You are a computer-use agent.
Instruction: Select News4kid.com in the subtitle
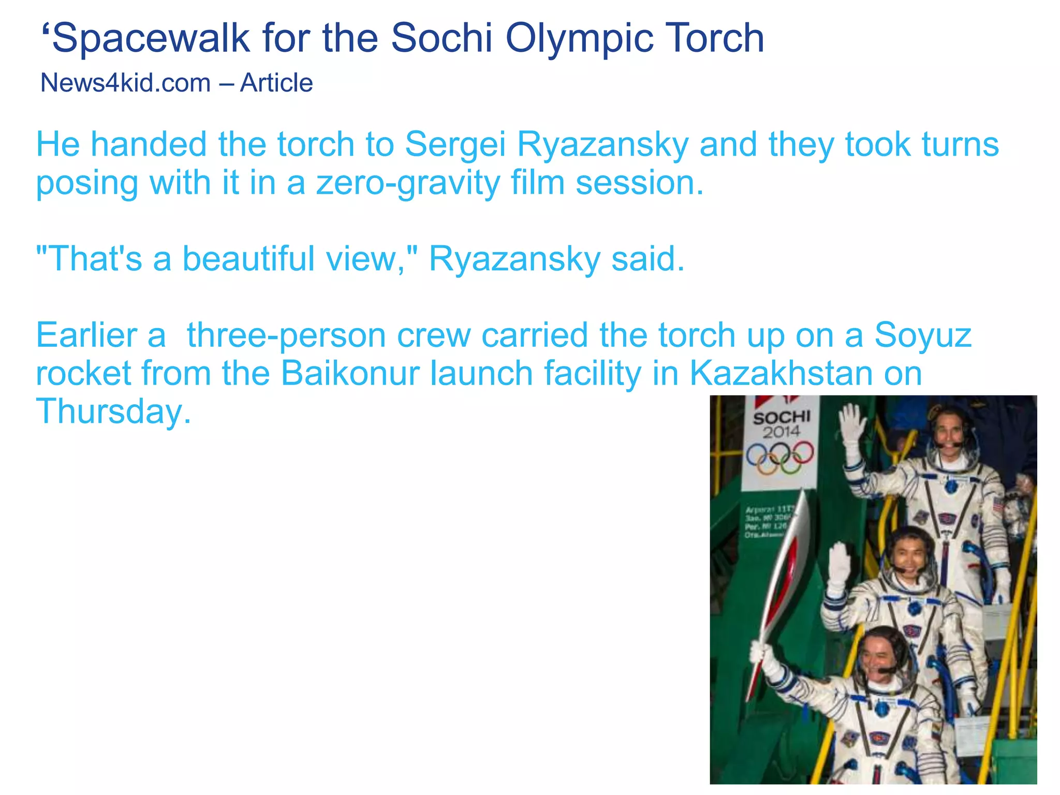[x=125, y=83]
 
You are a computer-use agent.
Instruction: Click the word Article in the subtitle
[x=276, y=83]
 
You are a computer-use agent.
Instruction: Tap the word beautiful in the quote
[x=248, y=258]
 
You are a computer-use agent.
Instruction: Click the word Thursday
[x=113, y=412]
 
